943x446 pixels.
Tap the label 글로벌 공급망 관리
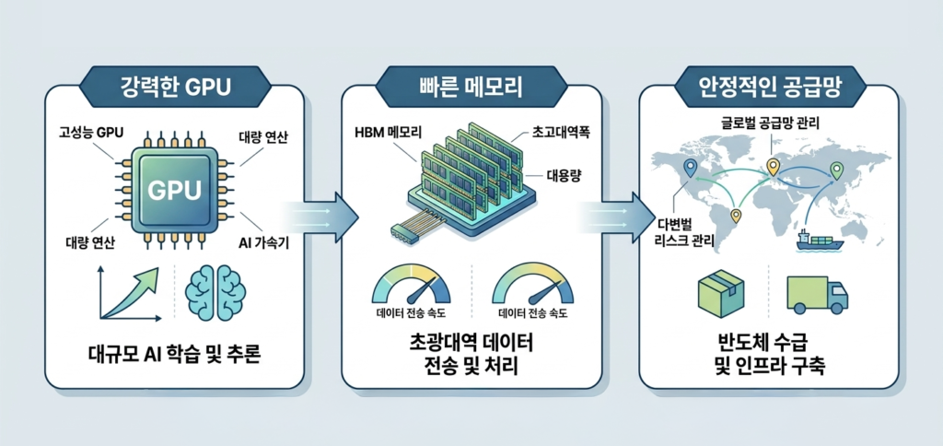pos(769,123)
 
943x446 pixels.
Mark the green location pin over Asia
pos(834,170)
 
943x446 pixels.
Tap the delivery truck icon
pos(818,294)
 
